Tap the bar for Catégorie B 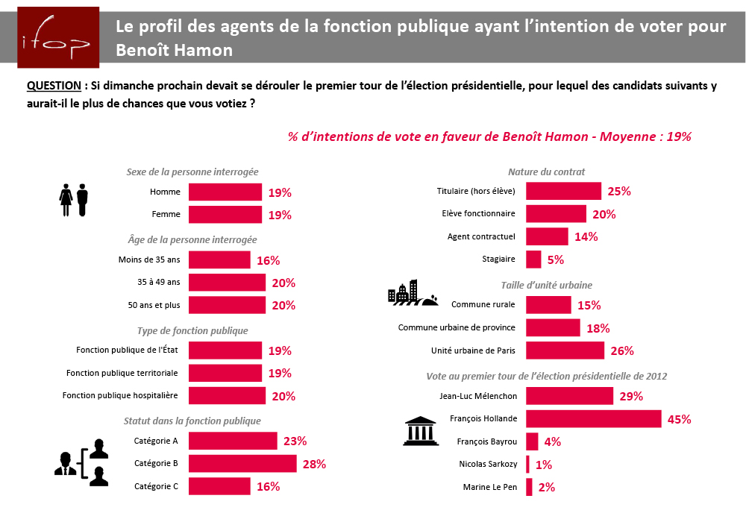(242, 464)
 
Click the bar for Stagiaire (533, 260)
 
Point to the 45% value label (679, 419)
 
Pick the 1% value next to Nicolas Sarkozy (543, 465)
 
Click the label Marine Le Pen (490, 488)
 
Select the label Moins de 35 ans (149, 260)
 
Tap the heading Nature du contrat (546, 172)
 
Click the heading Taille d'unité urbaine (546, 285)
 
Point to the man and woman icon (74, 200)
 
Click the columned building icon (420, 430)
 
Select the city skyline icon (413, 293)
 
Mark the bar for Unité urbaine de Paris (565, 350)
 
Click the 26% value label (621, 350)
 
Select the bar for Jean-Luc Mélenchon (569, 396)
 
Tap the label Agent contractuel (481, 237)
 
